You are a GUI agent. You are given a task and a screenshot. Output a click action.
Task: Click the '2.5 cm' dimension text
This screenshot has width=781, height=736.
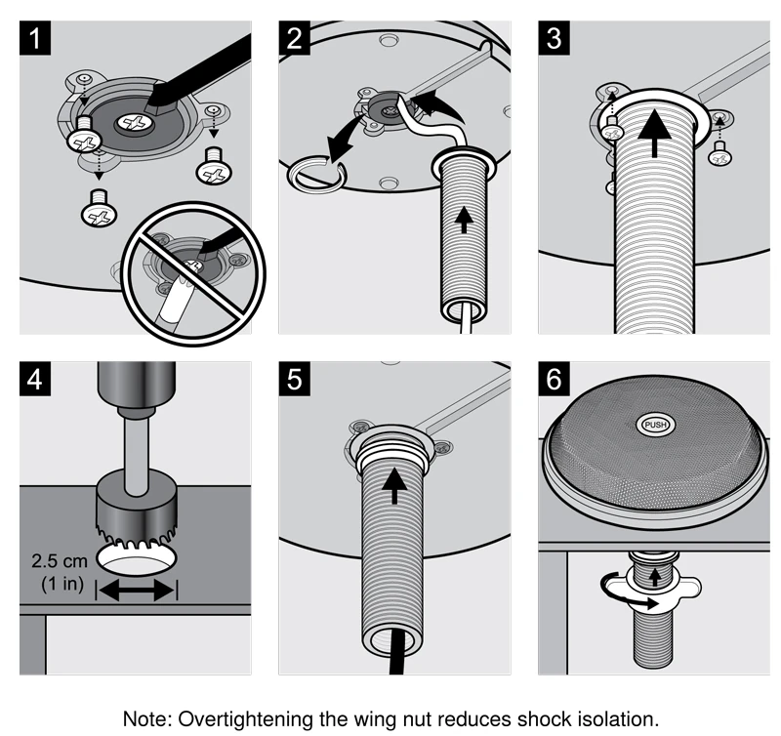click(x=62, y=564)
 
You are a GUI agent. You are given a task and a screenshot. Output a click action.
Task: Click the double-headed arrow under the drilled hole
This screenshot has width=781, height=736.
click(x=139, y=589)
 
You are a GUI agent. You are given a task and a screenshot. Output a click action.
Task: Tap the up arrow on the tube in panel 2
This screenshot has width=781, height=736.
click(x=464, y=221)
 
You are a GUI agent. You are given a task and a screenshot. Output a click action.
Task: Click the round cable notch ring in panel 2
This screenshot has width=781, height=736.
click(x=314, y=175)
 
